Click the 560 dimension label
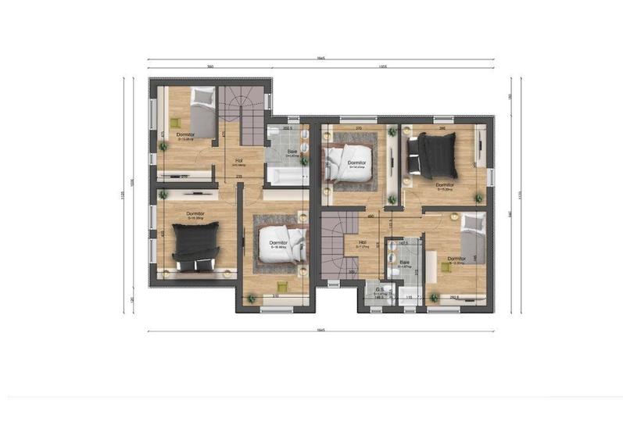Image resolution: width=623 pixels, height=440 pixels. click(210, 67)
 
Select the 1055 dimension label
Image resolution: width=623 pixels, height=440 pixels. click(383, 67)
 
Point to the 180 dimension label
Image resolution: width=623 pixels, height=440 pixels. click(509, 97)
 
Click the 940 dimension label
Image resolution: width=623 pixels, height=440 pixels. click(509, 213)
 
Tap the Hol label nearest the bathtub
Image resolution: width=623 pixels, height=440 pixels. click(239, 162)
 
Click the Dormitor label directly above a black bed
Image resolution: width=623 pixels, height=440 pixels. click(195, 213)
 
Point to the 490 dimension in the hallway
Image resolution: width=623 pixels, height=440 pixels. click(371, 216)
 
